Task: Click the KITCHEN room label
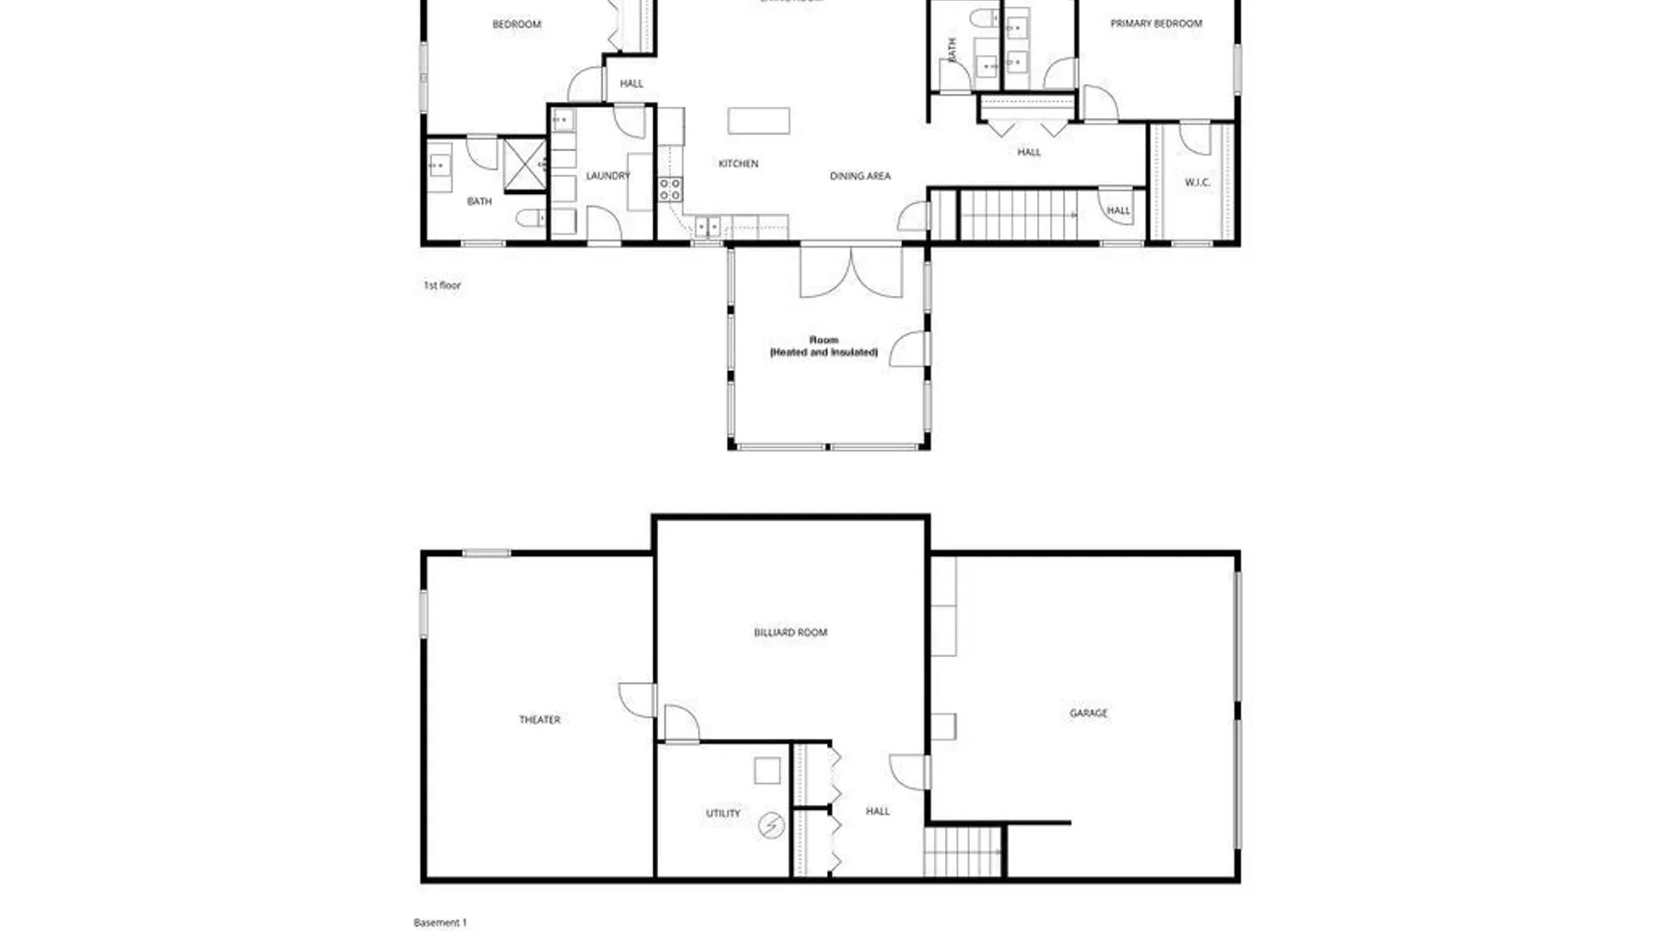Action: tap(738, 164)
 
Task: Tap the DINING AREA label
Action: tap(860, 176)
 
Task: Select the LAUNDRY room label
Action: tap(607, 176)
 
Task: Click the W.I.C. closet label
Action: tap(1197, 183)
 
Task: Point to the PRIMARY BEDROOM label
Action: tap(1155, 24)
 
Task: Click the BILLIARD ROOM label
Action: tap(790, 633)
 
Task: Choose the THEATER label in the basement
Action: tap(539, 720)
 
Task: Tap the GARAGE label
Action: tap(1088, 713)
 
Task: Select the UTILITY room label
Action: tap(723, 813)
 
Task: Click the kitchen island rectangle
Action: tap(758, 121)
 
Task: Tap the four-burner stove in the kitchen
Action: tap(670, 190)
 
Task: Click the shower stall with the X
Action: tap(524, 163)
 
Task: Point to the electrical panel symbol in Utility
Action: tap(771, 827)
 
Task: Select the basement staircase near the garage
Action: tap(964, 852)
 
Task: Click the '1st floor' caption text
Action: tap(442, 285)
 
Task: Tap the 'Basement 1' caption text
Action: tap(440, 922)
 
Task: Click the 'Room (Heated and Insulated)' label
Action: tap(824, 346)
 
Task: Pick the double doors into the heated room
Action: tap(851, 272)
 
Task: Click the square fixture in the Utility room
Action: tap(767, 771)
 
